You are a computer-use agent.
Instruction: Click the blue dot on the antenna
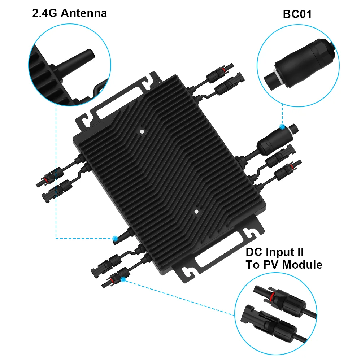(x=115, y=238)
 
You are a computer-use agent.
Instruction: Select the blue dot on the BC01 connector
(x=282, y=126)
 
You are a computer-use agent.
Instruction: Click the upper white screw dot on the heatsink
(x=142, y=132)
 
